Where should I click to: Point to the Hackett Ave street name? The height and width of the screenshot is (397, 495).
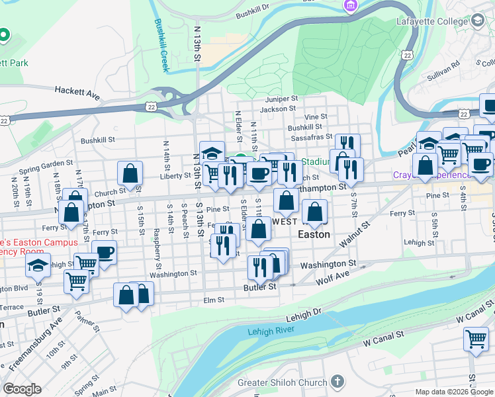pos(77,93)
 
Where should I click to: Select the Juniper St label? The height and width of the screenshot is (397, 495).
pos(279,99)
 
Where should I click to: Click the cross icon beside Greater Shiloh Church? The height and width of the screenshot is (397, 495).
pos(337,382)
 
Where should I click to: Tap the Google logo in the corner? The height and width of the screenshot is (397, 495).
pos(22,389)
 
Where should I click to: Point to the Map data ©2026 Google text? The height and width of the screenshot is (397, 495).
pos(454,392)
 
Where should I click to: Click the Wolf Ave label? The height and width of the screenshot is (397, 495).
pos(334,275)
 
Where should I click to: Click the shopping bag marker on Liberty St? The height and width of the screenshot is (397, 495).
pos(130,173)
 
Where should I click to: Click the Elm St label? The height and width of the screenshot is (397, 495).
pos(214,300)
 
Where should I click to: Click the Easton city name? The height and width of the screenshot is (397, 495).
pos(314,234)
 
